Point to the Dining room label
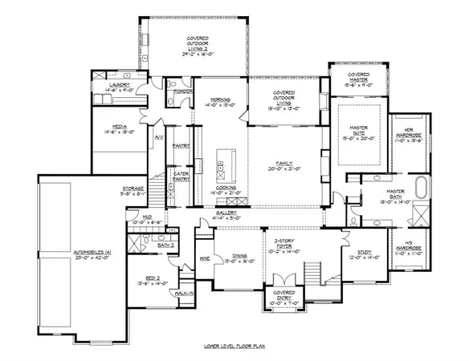click(235, 258)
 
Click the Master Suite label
click(357, 133)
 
